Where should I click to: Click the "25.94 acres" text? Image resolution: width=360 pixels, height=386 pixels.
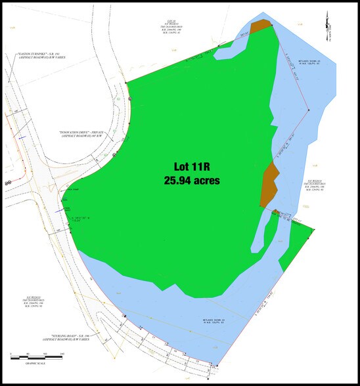click(x=192, y=180)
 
